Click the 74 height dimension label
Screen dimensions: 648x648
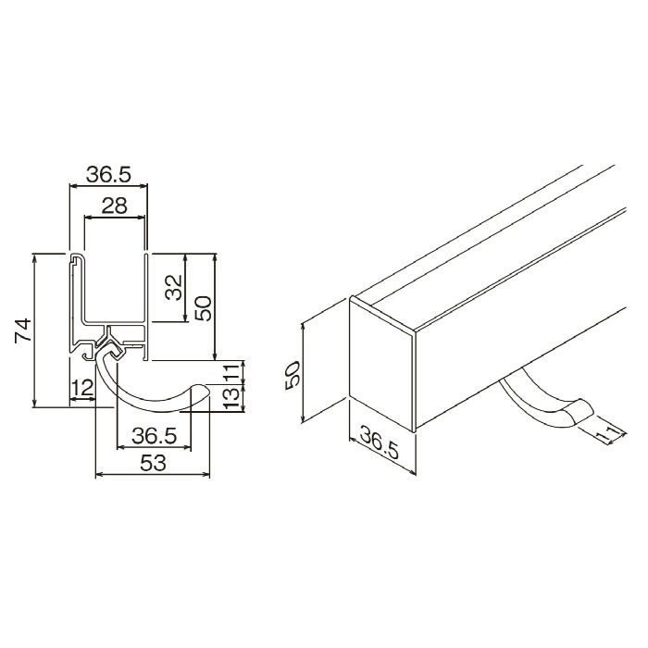[x=23, y=330]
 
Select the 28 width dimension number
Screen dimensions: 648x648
[x=115, y=206]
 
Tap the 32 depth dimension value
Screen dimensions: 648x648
[x=174, y=287]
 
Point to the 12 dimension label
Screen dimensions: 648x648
[x=82, y=389]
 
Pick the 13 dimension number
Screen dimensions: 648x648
[x=231, y=398]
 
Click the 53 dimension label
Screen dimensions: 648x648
[x=154, y=463]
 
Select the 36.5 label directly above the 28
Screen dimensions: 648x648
[x=108, y=175]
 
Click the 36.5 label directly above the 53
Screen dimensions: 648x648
[x=155, y=436]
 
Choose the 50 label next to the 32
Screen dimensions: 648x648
[x=204, y=308]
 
